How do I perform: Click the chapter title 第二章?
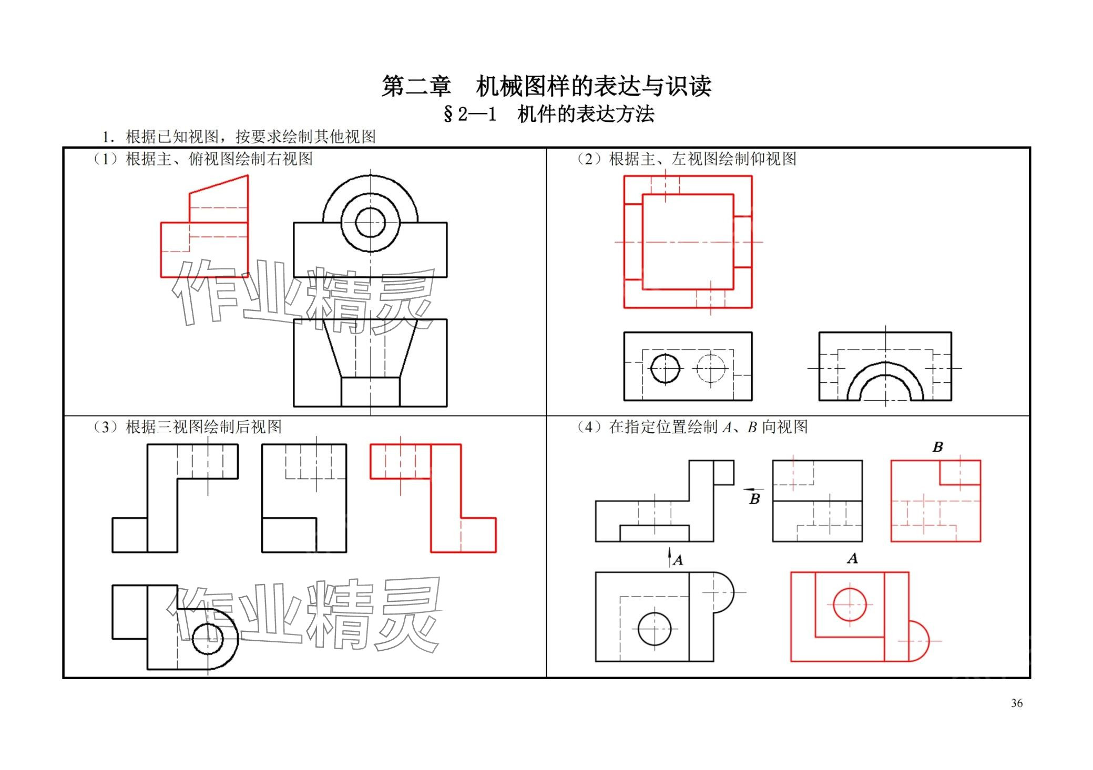click(416, 86)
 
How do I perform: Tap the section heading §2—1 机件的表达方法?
click(548, 114)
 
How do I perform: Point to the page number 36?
click(1017, 703)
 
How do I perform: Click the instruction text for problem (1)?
click(203, 159)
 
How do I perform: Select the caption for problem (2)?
click(686, 159)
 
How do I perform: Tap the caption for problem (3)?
click(187, 426)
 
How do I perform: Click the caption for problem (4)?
click(691, 426)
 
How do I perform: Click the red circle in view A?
click(849, 605)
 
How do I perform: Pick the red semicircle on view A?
click(928, 641)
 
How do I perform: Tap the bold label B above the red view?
click(937, 447)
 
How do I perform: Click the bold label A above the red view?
click(852, 558)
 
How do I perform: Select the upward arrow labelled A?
click(670, 557)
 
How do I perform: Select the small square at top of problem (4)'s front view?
click(723, 473)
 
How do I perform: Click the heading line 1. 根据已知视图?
click(239, 137)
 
